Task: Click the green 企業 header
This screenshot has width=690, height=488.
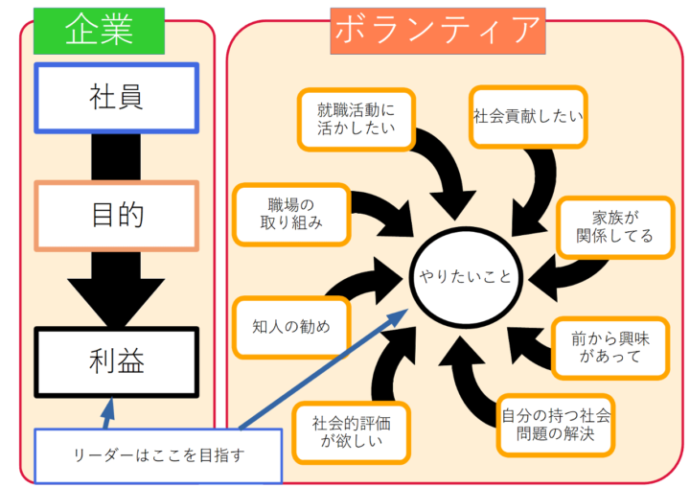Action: pyautogui.click(x=99, y=31)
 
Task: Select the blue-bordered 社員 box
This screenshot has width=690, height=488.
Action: pyautogui.click(x=116, y=97)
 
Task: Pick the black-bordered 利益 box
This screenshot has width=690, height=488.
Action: pyautogui.click(x=116, y=361)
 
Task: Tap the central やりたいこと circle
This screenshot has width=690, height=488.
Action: pyautogui.click(x=465, y=277)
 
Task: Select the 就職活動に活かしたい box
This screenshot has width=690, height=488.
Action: pyautogui.click(x=356, y=120)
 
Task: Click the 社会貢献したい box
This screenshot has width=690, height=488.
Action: pyautogui.click(x=528, y=116)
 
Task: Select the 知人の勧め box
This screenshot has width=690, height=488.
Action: pyautogui.click(x=290, y=326)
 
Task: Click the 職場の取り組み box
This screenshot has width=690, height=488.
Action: pyautogui.click(x=290, y=213)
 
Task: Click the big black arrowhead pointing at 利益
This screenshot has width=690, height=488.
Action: pyautogui.click(x=116, y=297)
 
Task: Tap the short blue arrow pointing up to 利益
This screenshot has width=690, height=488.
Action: pyautogui.click(x=106, y=412)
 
